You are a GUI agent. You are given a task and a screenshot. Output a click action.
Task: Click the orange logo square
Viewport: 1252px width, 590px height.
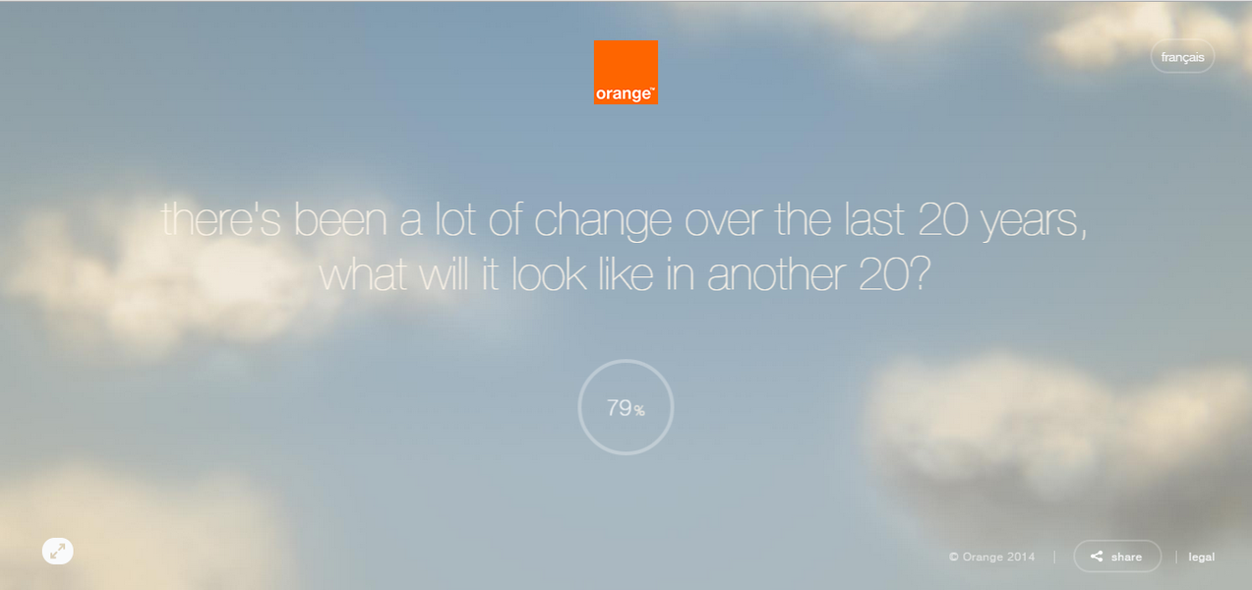click(626, 72)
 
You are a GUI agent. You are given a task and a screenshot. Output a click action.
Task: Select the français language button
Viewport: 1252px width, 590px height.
click(1182, 56)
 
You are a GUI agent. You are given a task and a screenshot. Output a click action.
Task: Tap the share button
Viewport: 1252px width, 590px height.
click(1116, 556)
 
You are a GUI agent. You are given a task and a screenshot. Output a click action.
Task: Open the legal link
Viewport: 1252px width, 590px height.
click(1201, 557)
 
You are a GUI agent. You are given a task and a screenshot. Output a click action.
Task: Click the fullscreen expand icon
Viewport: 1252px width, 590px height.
click(58, 551)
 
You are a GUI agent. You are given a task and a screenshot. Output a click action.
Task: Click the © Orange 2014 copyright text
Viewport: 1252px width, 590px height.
click(991, 557)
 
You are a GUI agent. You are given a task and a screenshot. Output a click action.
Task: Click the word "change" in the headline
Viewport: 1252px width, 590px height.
click(603, 221)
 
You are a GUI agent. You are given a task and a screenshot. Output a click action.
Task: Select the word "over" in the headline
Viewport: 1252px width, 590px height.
click(723, 222)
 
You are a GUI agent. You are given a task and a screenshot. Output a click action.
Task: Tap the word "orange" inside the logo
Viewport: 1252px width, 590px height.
click(624, 93)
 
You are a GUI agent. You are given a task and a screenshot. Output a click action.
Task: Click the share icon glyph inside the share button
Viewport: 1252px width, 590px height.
click(1097, 556)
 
